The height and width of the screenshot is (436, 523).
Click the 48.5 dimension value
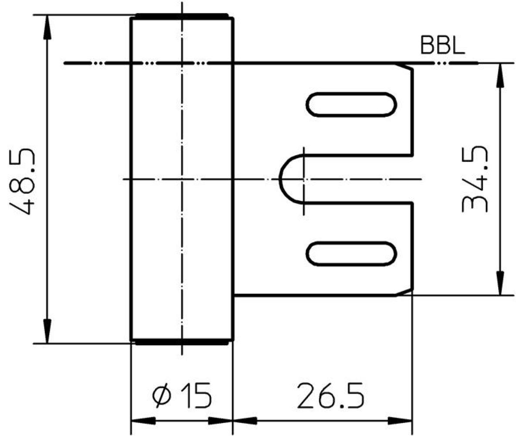point(22,182)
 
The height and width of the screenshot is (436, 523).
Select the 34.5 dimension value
point(475,179)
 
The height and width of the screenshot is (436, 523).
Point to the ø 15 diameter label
point(182,395)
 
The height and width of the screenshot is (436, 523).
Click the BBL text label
point(443,45)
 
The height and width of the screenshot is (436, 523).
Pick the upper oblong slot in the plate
point(351,105)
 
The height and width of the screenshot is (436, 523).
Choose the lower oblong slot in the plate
point(351,254)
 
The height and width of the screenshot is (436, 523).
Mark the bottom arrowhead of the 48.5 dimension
point(47,331)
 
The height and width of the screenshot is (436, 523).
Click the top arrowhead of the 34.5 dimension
point(500,75)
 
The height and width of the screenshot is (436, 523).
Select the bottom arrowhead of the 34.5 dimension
point(500,283)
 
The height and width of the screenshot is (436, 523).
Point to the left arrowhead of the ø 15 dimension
point(143,421)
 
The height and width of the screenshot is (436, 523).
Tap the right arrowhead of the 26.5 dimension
point(400,421)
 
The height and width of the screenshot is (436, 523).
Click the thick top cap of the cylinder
point(182,16)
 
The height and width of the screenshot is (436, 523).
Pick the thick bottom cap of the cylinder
point(182,342)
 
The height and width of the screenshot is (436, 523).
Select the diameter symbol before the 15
point(162,395)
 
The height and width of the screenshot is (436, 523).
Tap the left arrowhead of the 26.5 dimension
point(245,421)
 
